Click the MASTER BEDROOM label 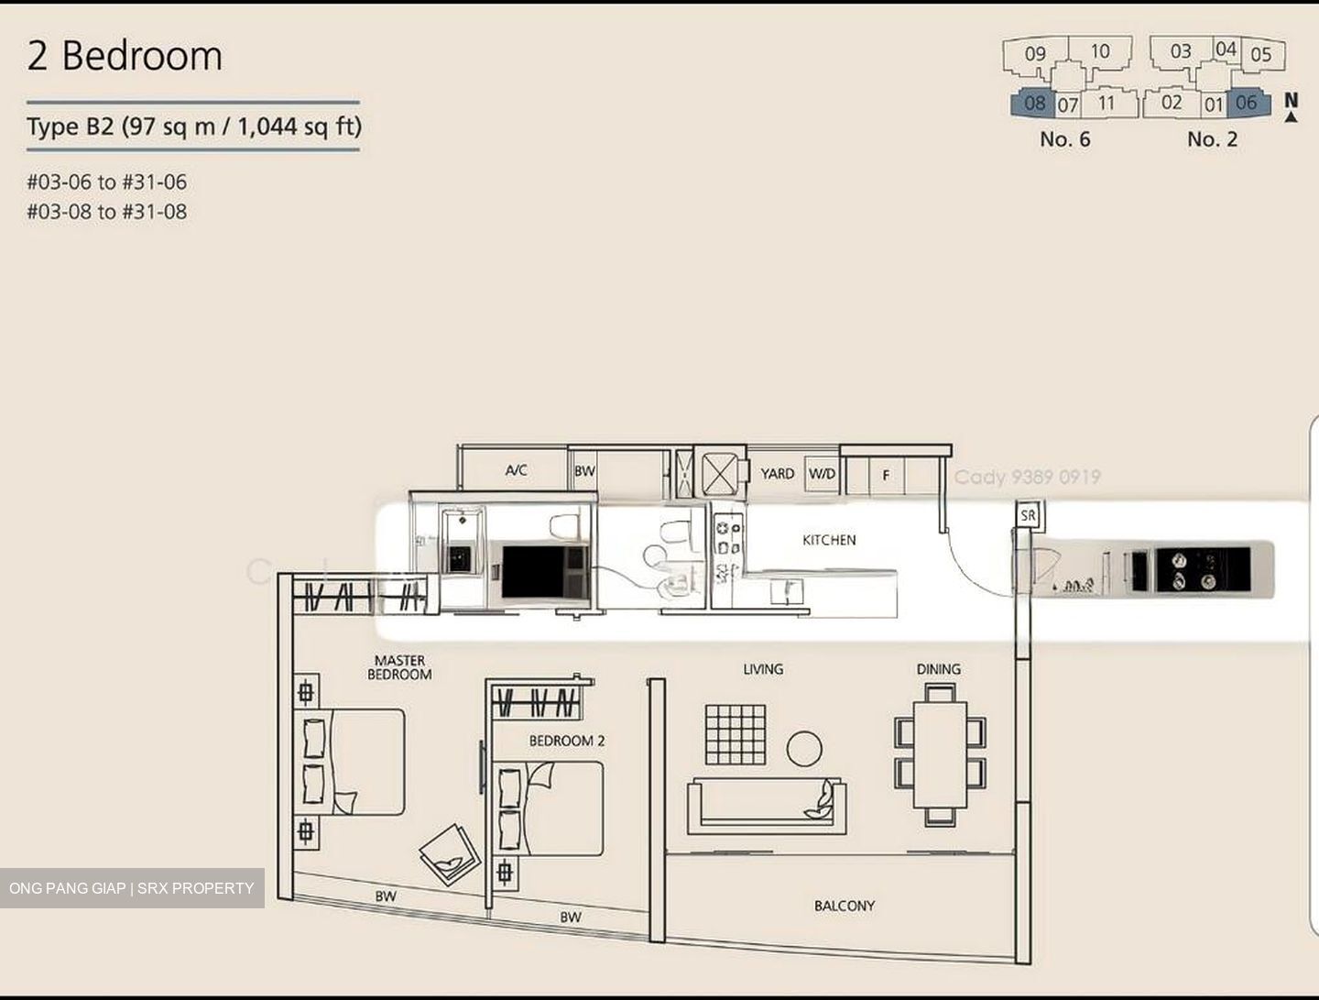point(399,667)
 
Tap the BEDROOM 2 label point(566,741)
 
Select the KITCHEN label point(829,540)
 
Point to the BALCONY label point(844,906)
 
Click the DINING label point(938,669)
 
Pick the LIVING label point(763,669)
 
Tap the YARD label point(777,474)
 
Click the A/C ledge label point(516,470)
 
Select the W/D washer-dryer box point(822,474)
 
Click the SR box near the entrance point(1028,515)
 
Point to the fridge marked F point(885,476)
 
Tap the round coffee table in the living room point(804,749)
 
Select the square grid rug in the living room point(735,734)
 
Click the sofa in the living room point(766,804)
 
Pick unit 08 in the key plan point(1033,104)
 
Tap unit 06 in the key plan point(1247,103)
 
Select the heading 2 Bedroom point(125,56)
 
